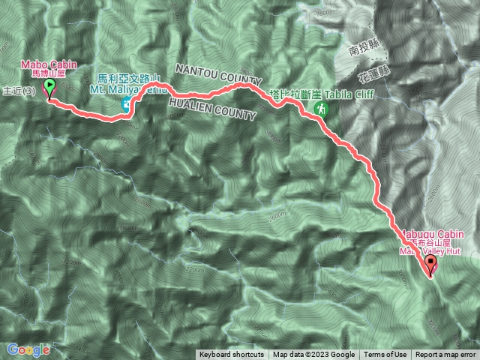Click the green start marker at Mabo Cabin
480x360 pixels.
[x=50, y=89]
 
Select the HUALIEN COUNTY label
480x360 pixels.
[x=214, y=108]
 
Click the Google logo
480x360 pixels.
[x=28, y=349]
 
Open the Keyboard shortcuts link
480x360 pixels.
[x=231, y=355]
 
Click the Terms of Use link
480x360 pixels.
[x=385, y=355]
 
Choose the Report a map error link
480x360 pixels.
[x=445, y=355]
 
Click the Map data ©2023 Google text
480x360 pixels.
[x=313, y=355]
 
